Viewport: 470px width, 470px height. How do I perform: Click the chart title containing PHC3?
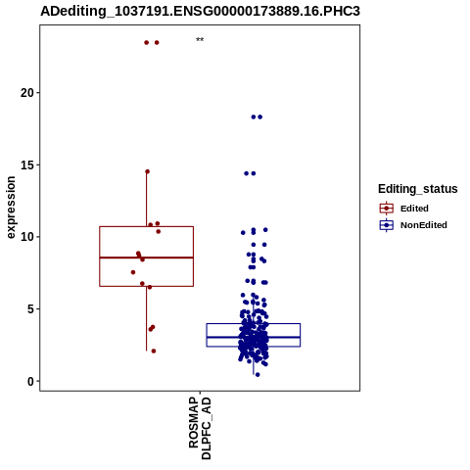200,11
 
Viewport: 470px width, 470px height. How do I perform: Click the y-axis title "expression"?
11,208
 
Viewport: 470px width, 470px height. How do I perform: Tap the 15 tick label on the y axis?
27,164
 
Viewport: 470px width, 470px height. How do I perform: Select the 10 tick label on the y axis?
27,237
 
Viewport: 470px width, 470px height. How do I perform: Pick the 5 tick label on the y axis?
30,309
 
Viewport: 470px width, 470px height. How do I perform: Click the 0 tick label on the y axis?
30,381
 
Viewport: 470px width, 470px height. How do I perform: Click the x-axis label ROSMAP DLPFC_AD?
200,428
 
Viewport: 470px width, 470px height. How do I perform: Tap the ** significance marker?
200,40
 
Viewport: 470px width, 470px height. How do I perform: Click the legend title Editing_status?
418,189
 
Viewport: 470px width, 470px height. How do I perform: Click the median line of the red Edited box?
146,258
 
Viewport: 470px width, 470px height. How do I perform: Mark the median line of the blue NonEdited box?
254,337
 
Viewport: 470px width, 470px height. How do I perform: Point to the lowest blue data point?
258,375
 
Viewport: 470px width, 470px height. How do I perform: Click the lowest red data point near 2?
154,351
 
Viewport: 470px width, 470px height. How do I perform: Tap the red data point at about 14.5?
147,171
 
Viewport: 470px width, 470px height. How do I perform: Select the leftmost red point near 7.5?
133,272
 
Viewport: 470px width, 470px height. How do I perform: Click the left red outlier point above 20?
147,42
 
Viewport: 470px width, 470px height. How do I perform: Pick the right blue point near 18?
260,117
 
